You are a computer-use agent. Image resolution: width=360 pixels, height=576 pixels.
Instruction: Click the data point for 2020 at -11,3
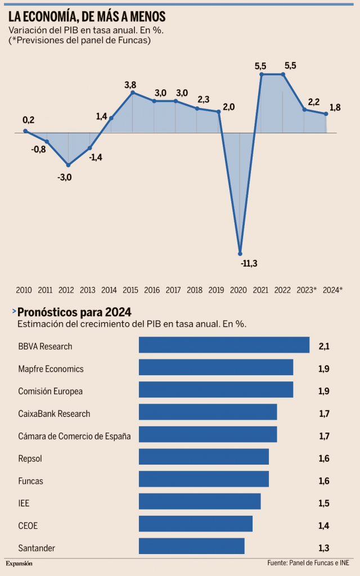[240, 253]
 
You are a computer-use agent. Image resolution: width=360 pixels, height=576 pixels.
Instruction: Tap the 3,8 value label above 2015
[130, 85]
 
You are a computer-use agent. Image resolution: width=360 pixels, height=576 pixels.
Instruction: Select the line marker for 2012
[68, 165]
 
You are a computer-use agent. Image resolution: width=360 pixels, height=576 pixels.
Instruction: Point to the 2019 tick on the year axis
[216, 290]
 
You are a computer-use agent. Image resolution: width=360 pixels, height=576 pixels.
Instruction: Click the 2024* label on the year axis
[332, 290]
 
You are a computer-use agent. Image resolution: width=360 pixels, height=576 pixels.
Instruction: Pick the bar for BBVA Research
[224, 345]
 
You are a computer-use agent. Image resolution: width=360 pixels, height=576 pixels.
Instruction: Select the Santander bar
[191, 546]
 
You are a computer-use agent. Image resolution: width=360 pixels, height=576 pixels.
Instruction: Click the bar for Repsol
[204, 457]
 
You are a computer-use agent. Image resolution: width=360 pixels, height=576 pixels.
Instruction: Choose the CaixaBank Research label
[54, 413]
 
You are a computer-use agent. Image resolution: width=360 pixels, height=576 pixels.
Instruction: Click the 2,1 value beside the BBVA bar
[324, 346]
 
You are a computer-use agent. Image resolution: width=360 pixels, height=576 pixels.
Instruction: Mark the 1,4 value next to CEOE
[324, 526]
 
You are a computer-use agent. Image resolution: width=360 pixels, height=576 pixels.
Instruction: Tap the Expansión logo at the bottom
[19, 563]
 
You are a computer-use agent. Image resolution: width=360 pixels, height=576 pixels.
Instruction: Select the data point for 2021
[262, 74]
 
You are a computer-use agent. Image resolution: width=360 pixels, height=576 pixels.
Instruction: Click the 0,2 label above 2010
[28, 120]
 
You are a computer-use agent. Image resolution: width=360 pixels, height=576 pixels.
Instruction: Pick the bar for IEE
[200, 501]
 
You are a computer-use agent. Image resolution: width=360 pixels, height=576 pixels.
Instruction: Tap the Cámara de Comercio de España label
[74, 436]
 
